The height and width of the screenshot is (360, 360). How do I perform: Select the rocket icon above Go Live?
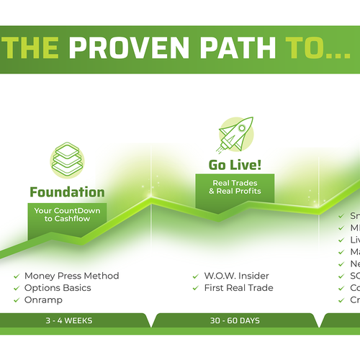click(235, 135)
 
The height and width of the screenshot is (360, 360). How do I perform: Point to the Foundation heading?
click(67, 192)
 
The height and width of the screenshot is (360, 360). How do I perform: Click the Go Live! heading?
click(235, 165)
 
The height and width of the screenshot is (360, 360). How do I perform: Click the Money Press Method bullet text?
click(71, 276)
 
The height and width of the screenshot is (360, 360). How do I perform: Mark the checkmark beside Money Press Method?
click(17, 276)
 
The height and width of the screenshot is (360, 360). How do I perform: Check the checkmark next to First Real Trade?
click(197, 288)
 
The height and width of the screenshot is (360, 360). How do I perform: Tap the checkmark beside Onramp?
click(17, 300)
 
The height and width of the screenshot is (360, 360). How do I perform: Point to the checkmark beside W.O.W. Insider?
click(197, 276)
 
